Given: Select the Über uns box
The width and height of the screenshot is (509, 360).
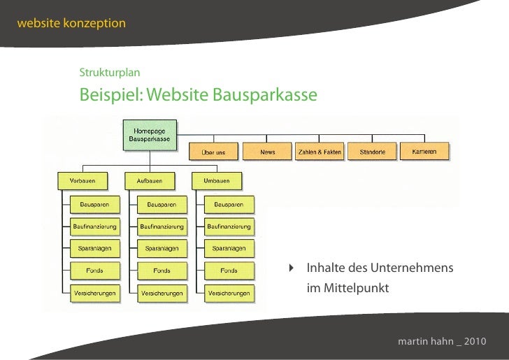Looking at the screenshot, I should pos(213,152).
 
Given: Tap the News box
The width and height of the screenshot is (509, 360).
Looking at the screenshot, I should pos(267,152).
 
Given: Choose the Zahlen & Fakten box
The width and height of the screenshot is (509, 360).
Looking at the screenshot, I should pos(320,152).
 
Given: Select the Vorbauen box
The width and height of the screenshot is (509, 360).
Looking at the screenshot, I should pos(83,181).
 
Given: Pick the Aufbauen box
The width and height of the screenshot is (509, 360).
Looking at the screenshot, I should pos(149,181).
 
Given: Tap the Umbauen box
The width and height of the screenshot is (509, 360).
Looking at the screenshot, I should pos(216,181).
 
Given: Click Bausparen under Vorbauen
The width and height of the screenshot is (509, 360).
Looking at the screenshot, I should pos(94,204).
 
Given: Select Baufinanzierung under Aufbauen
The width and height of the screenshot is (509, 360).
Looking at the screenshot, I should pos(162,226).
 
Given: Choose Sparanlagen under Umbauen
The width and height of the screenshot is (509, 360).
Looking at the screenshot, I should pos(229,248).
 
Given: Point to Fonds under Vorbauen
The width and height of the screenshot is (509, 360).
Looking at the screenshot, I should pos(94,271).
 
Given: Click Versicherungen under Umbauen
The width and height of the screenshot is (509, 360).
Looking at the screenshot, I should pos(229,293).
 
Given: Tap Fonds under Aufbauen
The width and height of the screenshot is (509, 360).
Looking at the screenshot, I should pos(162,271).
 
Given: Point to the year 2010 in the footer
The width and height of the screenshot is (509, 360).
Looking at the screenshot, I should pos(472,342).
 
